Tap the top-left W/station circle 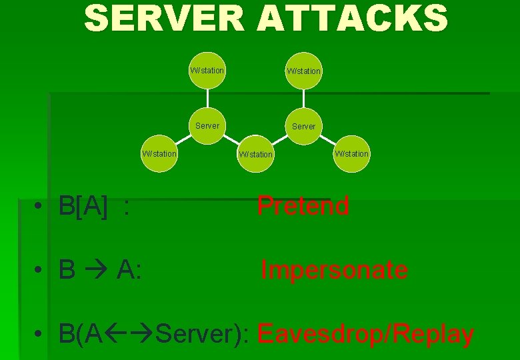click(207, 70)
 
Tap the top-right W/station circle click(303, 71)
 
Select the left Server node click(207, 125)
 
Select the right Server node click(303, 126)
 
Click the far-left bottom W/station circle click(160, 154)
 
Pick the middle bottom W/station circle click(255, 154)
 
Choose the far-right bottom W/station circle click(351, 154)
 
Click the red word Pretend click(303, 206)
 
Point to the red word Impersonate click(334, 270)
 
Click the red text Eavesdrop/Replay click(365, 333)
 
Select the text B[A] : click(93, 207)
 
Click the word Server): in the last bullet click(203, 334)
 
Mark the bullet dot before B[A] click(41, 209)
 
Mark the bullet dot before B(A click(41, 334)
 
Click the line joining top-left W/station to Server click(207, 97)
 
